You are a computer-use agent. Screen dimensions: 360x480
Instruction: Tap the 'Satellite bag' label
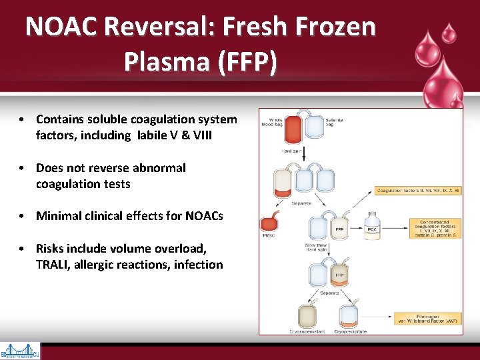pos(335,122)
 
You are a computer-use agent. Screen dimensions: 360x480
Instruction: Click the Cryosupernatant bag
pos(307,316)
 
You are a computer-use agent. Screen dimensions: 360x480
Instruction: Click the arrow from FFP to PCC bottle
pos(355,228)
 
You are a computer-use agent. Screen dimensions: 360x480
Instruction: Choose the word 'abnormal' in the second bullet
pos(161,168)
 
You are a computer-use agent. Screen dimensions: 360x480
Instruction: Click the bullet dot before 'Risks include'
pos(23,249)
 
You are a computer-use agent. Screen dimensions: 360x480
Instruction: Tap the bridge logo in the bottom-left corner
pos(20,351)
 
